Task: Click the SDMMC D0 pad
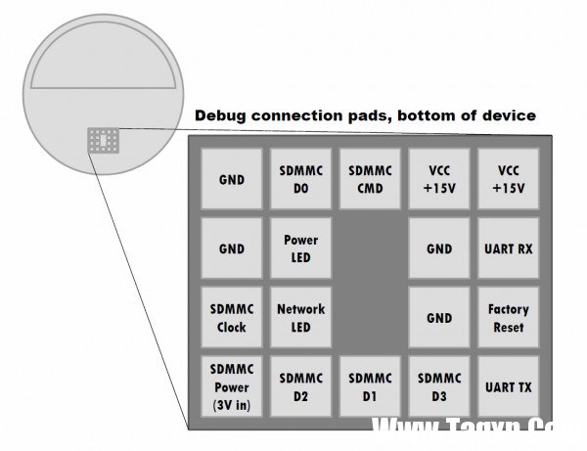pos(300,179)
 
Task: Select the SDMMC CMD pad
pos(370,179)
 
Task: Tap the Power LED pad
pos(300,248)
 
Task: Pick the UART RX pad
pos(508,248)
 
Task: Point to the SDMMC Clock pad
pos(232,317)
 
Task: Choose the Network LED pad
pos(300,317)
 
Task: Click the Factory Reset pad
pos(508,317)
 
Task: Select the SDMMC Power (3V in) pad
pos(232,386)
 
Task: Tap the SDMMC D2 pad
pos(300,386)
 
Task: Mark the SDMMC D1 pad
pos(370,386)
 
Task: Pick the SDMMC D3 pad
pos(439,386)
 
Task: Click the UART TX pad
pos(508,386)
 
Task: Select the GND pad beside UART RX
pos(439,248)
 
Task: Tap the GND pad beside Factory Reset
pos(439,317)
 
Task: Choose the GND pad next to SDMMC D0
pos(232,179)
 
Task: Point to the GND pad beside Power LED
pos(232,248)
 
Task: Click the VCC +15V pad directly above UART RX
pos(508,179)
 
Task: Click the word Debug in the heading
pos(220,115)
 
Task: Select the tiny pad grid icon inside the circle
pos(103,140)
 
